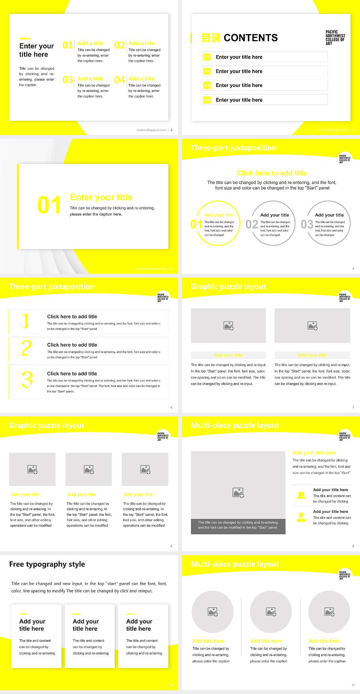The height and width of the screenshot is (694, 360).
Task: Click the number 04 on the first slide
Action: click(x=120, y=80)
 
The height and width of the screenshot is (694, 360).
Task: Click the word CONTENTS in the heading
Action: click(x=250, y=38)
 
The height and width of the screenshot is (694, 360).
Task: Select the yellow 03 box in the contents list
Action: click(x=207, y=86)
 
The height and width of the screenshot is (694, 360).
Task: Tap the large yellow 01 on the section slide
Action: click(x=49, y=205)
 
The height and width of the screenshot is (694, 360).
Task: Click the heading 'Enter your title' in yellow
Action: click(x=101, y=197)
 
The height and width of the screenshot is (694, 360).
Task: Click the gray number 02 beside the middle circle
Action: click(x=252, y=224)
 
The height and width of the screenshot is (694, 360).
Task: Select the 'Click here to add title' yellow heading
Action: click(x=271, y=173)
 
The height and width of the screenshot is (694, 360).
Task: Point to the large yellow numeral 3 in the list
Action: click(x=27, y=380)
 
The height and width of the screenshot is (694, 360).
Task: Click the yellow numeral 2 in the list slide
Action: click(x=27, y=348)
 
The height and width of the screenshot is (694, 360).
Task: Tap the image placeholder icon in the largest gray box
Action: click(x=238, y=493)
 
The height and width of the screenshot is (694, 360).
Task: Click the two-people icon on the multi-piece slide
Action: click(x=301, y=495)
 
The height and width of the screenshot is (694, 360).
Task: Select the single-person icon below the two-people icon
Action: click(x=301, y=517)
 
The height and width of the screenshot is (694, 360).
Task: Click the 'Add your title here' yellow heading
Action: click(x=314, y=453)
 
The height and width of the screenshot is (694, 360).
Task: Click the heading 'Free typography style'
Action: click(x=47, y=564)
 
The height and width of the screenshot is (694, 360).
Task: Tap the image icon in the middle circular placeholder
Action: click(x=271, y=612)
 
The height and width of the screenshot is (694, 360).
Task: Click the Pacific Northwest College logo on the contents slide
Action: click(x=335, y=38)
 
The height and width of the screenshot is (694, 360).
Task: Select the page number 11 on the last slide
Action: click(x=353, y=685)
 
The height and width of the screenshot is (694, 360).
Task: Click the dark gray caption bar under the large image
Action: click(x=238, y=525)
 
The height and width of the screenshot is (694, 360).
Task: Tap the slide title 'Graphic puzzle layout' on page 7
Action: click(x=228, y=287)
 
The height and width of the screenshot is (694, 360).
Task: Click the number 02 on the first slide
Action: click(x=120, y=45)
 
